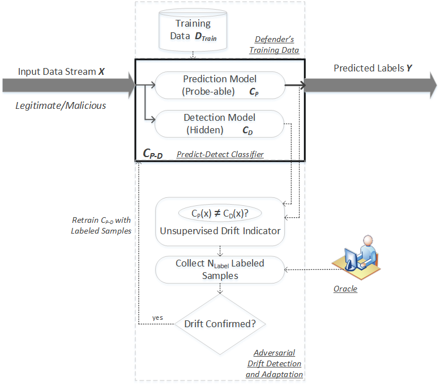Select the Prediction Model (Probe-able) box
pos(220,85)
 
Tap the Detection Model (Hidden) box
pos(220,124)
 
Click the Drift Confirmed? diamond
pos(220,324)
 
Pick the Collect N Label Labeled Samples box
pos(220,269)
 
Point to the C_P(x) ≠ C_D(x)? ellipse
pos(220,214)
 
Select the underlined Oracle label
pos(345,289)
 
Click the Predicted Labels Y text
pos(373,68)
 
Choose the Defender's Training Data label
pos(275,45)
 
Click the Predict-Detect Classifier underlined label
pos(220,154)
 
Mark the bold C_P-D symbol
pos(153,153)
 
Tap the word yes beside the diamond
pos(157,318)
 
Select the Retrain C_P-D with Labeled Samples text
pos(102,226)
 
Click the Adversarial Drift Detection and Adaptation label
pos(274,363)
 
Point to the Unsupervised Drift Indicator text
pos(220,231)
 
